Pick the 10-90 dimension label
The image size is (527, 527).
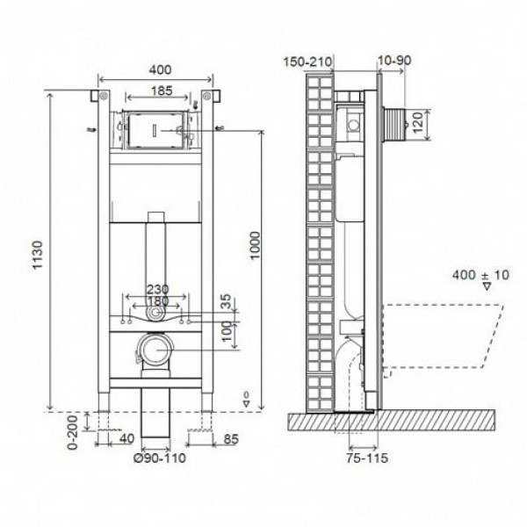point(395,61)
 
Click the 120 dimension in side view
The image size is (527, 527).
point(421,124)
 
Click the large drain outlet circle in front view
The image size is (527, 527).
point(155,350)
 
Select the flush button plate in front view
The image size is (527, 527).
point(155,130)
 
